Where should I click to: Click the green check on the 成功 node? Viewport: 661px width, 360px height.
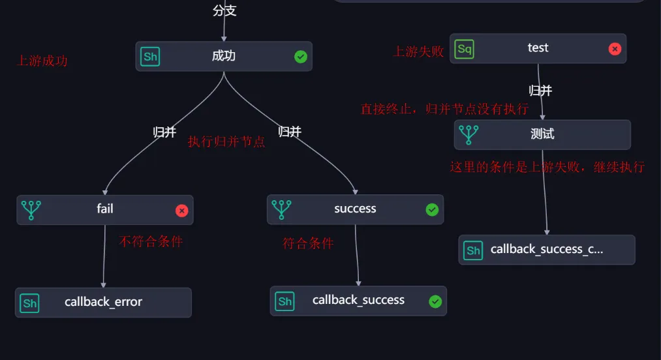point(301,57)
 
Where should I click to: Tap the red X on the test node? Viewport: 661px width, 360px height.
point(615,49)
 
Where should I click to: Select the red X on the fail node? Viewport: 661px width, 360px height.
point(181,211)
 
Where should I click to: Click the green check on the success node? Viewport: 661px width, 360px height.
point(432,209)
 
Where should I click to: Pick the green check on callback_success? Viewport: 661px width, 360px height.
point(435,301)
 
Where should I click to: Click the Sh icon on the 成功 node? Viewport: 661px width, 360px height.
point(150,57)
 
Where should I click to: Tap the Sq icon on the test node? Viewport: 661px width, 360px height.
point(465,49)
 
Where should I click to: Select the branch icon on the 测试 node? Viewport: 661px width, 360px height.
point(469,134)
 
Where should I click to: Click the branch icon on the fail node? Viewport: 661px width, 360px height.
point(31,210)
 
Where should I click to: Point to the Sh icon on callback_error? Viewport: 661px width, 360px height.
point(29,303)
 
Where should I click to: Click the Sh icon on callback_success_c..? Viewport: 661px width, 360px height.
point(473,250)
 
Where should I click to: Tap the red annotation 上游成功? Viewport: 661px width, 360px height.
point(42,61)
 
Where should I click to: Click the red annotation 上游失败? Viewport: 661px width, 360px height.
point(419,52)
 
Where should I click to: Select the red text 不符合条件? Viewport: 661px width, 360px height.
point(151,241)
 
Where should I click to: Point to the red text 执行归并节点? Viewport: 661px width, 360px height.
point(226,142)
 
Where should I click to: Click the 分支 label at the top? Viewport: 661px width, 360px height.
point(224,10)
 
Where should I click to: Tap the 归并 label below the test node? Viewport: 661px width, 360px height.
point(540,91)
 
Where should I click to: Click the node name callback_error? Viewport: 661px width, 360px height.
point(103,302)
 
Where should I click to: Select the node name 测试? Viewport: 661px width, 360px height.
point(542,134)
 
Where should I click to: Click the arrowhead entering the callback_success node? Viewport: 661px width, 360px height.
point(358,284)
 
